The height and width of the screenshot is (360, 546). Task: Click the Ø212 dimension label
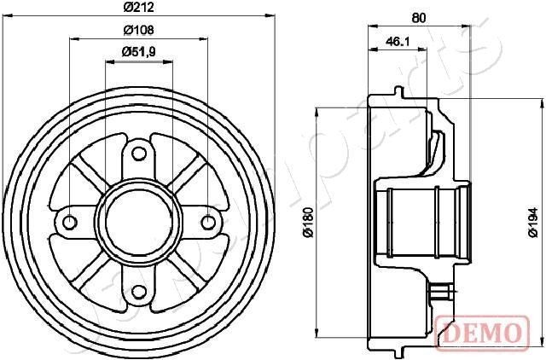tap(138, 8)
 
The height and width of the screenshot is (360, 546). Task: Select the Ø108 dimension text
tap(138, 29)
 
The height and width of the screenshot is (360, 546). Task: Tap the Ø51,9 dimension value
tap(138, 51)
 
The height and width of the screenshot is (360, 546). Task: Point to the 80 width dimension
tap(418, 16)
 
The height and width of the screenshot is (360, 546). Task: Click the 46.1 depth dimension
tap(397, 40)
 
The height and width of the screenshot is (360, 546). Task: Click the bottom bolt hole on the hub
tap(139, 291)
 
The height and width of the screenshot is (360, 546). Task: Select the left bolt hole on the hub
tap(71, 223)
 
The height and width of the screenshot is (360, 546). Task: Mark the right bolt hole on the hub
tap(207, 223)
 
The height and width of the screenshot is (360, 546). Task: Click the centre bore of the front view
tap(139, 223)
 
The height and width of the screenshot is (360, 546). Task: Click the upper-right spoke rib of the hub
tap(183, 178)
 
